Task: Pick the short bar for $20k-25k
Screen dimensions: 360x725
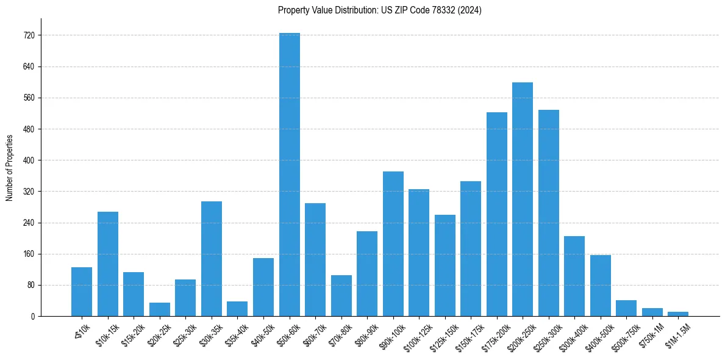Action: (x=160, y=309)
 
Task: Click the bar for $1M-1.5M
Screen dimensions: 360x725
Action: (x=678, y=314)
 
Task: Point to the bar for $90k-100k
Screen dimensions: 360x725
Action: (x=393, y=244)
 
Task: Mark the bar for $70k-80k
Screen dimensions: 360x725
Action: (x=341, y=296)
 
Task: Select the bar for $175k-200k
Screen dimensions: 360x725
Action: (x=496, y=214)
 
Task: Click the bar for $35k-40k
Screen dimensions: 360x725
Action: (x=237, y=309)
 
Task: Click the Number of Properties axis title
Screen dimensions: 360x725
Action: (x=9, y=167)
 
